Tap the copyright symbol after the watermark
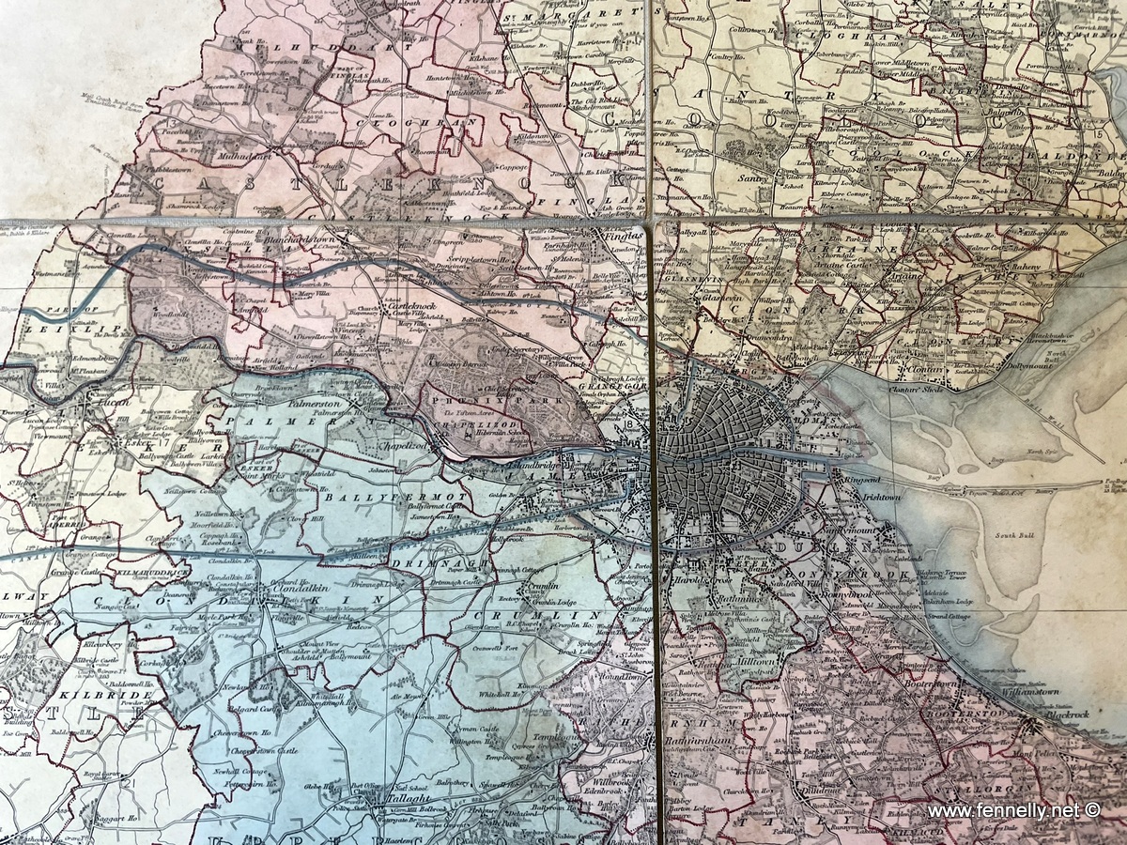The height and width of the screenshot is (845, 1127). [1092, 810]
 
